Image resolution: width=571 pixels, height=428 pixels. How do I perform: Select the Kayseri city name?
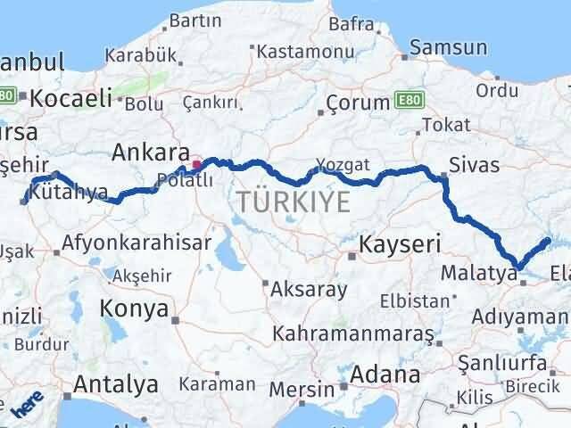(x=401, y=243)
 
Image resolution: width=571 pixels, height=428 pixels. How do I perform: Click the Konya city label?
(x=136, y=309)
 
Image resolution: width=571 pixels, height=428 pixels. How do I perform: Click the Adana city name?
(x=385, y=374)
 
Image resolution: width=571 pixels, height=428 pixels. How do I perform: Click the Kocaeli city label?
(x=71, y=99)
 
